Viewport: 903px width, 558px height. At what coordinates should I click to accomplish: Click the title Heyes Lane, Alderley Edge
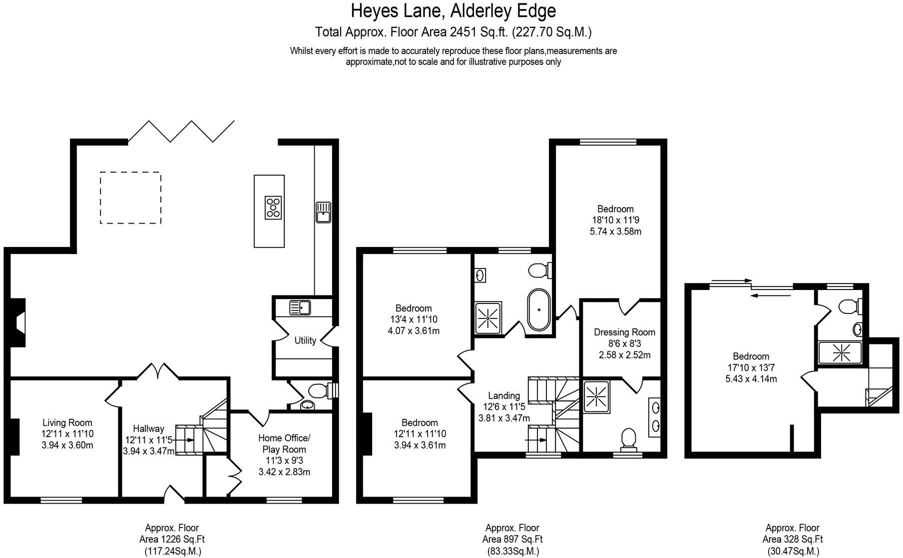[453, 10]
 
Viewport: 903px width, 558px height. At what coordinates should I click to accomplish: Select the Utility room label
[305, 340]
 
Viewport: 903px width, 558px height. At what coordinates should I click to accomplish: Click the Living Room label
[67, 423]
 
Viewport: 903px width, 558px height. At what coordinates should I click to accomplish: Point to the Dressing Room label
[624, 332]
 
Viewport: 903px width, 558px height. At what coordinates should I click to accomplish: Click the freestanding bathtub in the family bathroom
[539, 309]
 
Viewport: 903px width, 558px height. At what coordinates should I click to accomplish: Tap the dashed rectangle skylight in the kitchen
[130, 198]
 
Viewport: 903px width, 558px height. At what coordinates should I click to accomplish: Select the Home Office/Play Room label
[284, 443]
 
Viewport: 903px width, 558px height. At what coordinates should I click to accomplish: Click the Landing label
[504, 396]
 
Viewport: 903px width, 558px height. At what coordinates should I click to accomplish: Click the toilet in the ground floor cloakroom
[320, 390]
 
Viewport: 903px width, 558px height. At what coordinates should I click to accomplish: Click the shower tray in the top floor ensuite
[841, 353]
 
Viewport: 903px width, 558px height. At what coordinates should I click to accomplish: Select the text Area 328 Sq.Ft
[793, 540]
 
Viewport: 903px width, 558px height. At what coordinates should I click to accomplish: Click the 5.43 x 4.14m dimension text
[751, 379]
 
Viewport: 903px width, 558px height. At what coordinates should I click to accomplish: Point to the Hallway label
[148, 429]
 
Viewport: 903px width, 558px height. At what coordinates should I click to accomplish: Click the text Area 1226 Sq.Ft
[172, 540]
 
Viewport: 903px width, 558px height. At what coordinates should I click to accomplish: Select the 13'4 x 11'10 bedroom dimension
[414, 319]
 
